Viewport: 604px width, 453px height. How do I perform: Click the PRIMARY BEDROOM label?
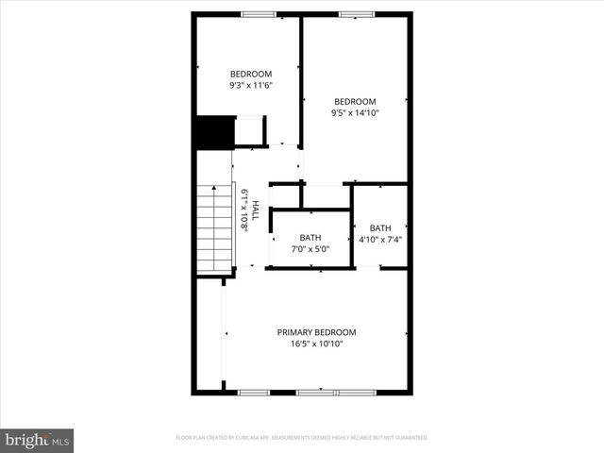click(316, 332)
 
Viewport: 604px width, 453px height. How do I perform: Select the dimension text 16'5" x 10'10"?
click(316, 344)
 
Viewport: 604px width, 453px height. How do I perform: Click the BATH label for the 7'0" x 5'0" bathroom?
click(310, 238)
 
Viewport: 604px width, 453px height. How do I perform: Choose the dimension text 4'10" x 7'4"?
click(380, 240)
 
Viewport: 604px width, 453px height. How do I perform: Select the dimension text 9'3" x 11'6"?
click(251, 86)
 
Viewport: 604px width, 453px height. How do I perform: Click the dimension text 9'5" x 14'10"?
click(355, 113)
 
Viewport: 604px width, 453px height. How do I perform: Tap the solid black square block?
click(213, 133)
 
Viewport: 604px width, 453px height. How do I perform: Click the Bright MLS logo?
click(37, 440)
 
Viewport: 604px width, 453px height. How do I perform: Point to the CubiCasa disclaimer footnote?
click(301, 438)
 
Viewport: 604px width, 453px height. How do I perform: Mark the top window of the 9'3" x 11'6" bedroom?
click(259, 14)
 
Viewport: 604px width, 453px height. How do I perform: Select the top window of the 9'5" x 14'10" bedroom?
click(357, 14)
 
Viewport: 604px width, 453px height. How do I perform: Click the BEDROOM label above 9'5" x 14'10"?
click(355, 102)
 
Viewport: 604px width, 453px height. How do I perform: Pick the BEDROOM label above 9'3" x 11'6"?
click(251, 75)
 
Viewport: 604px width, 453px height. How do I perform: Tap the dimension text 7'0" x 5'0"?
click(310, 249)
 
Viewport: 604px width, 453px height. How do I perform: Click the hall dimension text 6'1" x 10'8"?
click(243, 210)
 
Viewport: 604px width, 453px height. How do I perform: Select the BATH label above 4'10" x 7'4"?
click(380, 228)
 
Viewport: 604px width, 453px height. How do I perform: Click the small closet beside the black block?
click(250, 131)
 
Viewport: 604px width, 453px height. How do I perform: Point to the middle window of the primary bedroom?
click(316, 392)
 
